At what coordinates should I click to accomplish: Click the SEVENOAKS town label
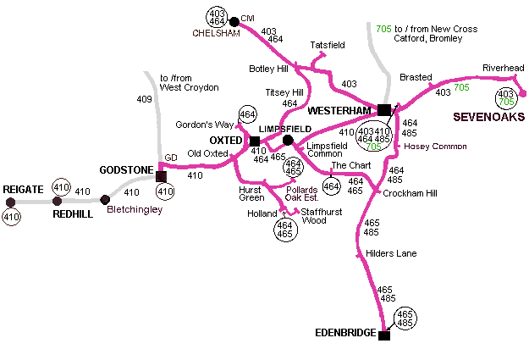tap(488, 115)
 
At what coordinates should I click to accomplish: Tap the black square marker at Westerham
tap(384, 109)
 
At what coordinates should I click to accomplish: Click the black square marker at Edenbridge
tap(384, 335)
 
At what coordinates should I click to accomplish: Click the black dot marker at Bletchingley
tap(105, 201)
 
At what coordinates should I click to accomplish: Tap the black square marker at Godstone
tap(161, 176)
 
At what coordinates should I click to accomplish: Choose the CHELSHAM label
tap(216, 34)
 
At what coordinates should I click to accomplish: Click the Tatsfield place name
tap(328, 44)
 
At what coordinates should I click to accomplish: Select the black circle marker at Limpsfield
tap(288, 141)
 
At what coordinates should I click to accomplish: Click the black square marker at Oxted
tap(255, 141)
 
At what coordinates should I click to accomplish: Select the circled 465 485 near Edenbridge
tap(406, 318)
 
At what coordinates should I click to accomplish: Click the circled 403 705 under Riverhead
tap(507, 97)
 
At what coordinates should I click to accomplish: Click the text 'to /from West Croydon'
tap(190, 82)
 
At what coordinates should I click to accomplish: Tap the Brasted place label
tap(416, 76)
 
